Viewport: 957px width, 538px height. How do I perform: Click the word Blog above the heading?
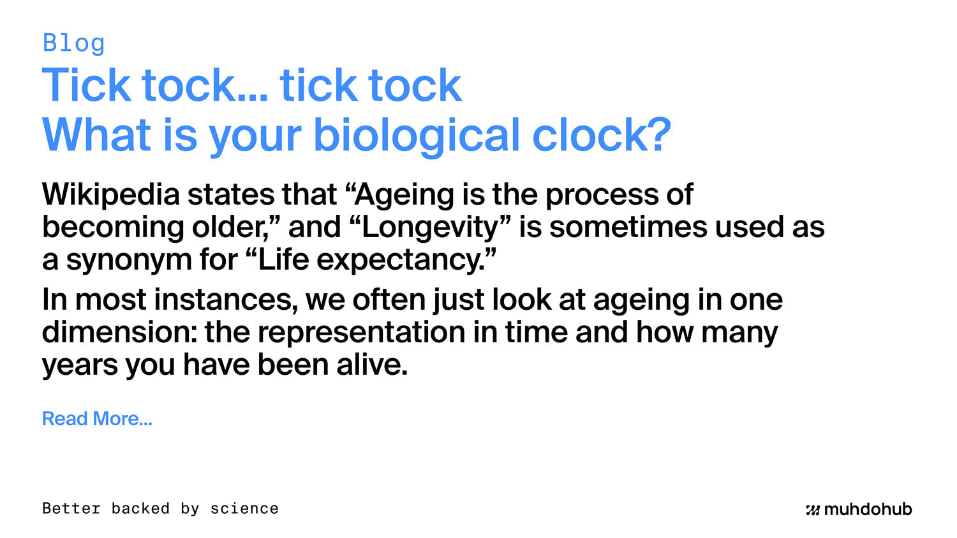click(73, 43)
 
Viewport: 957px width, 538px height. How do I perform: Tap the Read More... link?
click(97, 418)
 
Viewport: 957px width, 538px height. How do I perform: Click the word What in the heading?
click(96, 134)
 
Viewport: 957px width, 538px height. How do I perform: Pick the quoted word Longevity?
click(430, 227)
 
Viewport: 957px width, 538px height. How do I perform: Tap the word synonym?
click(129, 261)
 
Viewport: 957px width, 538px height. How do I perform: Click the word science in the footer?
click(244, 509)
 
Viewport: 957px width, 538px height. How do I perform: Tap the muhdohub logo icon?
click(813, 510)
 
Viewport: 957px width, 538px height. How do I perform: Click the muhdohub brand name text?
click(868, 509)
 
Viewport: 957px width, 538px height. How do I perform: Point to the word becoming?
click(113, 228)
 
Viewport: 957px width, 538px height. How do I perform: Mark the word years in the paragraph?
click(80, 365)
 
